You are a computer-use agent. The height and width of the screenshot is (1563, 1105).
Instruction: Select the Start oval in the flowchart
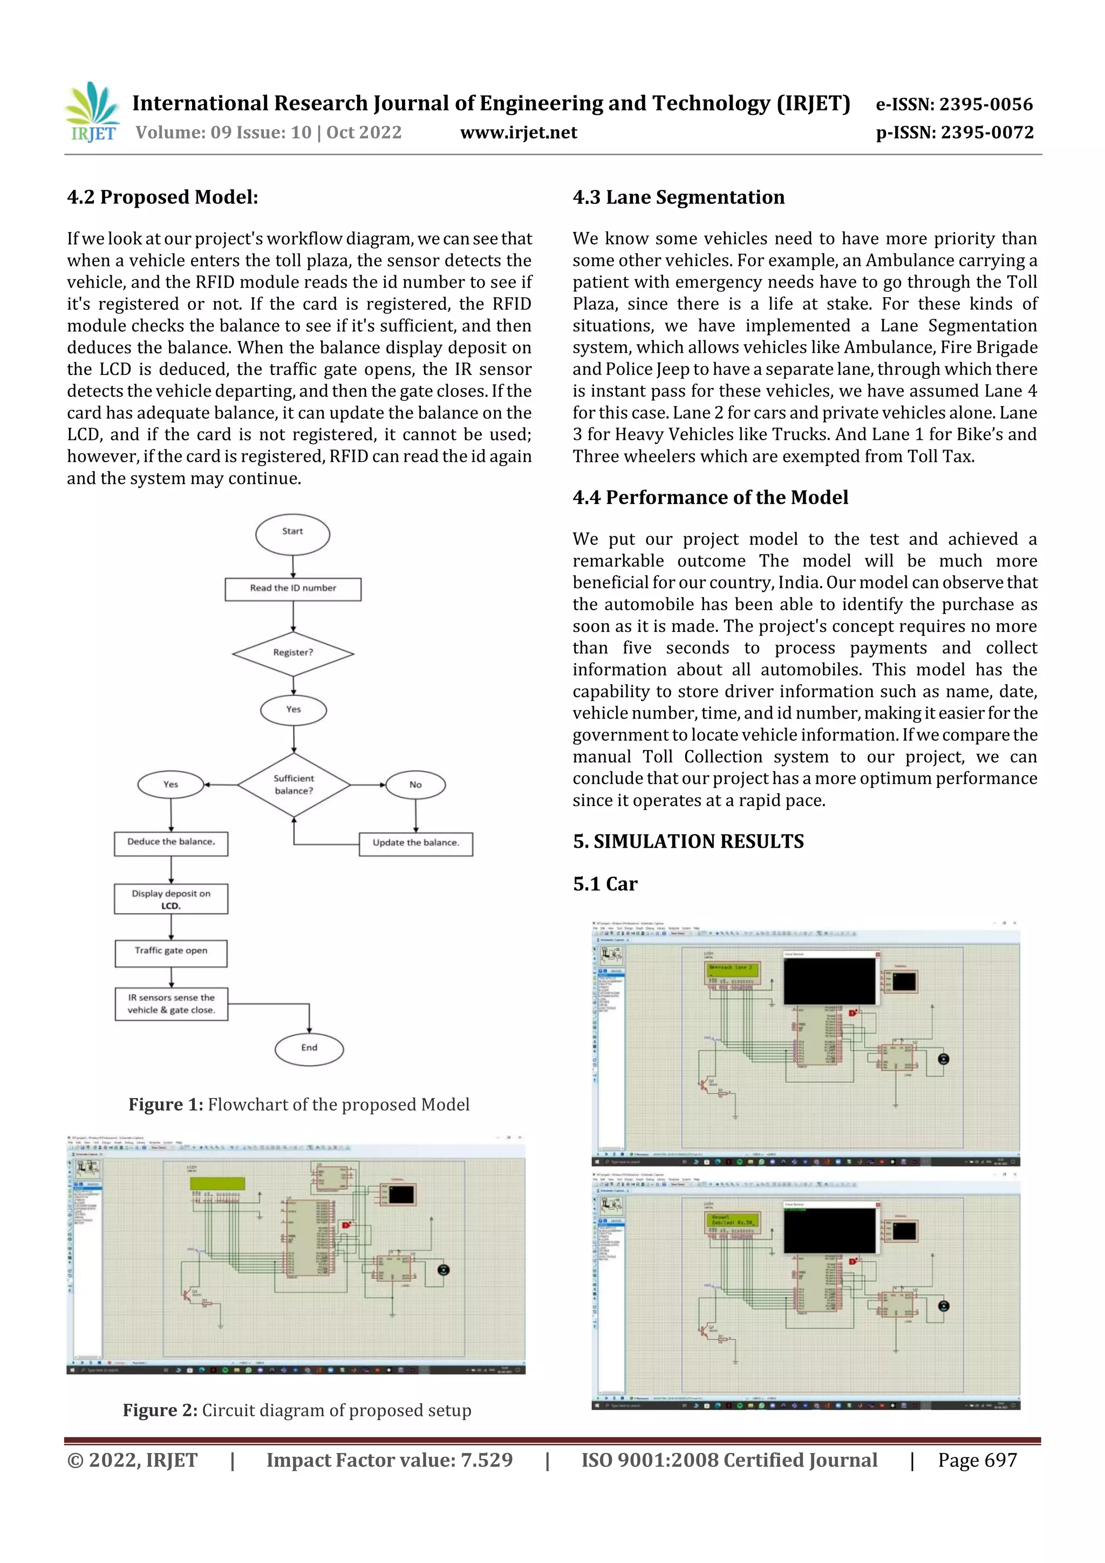293,533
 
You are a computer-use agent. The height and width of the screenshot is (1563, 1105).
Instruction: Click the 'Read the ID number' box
293,589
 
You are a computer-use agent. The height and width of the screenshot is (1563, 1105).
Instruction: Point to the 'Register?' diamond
293,653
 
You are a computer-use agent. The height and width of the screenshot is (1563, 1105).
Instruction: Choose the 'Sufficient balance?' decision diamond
294,784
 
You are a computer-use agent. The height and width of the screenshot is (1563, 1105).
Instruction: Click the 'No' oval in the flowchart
415,785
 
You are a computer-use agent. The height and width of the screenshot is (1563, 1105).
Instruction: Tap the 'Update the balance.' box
415,843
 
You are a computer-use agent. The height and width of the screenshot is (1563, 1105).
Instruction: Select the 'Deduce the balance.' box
171,843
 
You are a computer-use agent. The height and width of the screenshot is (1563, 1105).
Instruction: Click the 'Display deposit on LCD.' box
171,899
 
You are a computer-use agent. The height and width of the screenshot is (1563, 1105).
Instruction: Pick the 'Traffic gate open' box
171,952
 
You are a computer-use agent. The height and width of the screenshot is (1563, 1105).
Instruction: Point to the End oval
309,1048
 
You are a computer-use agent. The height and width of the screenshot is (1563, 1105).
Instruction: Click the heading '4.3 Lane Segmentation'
678,197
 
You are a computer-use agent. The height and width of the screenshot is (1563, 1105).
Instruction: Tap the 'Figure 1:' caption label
166,1104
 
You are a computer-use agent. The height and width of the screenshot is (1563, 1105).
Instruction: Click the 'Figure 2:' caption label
160,1410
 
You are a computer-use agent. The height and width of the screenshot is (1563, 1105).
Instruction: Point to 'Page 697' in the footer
977,1459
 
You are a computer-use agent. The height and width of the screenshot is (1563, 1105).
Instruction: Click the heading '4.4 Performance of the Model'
710,497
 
